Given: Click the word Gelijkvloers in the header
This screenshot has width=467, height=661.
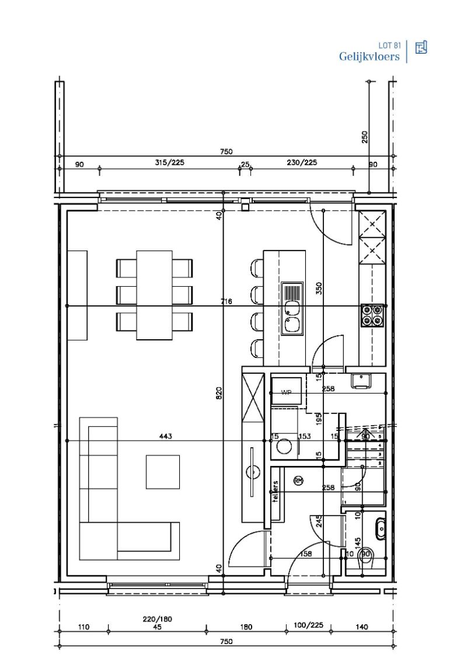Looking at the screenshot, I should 369,57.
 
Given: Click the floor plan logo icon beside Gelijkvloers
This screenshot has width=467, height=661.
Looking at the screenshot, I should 421,48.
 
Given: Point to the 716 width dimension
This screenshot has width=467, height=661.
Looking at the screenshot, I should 226,301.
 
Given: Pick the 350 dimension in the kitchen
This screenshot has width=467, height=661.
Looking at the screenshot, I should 319,288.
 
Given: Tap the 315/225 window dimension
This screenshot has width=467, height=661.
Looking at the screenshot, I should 169,163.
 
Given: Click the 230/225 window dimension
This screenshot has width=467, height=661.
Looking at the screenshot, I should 302,163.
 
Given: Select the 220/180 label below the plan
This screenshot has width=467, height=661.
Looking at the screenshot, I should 157,619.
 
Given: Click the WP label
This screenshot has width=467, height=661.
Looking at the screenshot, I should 286,393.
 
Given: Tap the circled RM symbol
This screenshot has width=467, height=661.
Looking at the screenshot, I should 298,481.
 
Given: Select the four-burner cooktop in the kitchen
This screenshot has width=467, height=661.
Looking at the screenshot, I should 372,315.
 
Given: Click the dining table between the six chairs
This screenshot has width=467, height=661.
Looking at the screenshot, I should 154,295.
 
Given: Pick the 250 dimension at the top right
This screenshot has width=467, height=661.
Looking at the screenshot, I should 365,137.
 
